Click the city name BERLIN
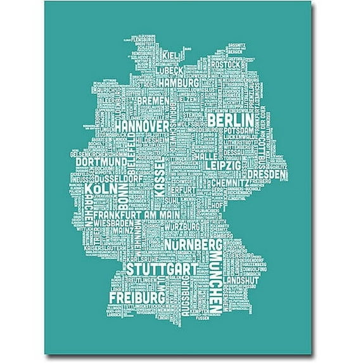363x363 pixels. pyautogui.click(x=230, y=120)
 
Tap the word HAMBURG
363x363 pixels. pyautogui.click(x=179, y=82)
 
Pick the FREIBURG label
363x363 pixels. pyautogui.click(x=137, y=296)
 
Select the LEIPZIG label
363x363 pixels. pyautogui.click(x=223, y=165)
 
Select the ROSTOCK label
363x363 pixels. pyautogui.click(x=226, y=64)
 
